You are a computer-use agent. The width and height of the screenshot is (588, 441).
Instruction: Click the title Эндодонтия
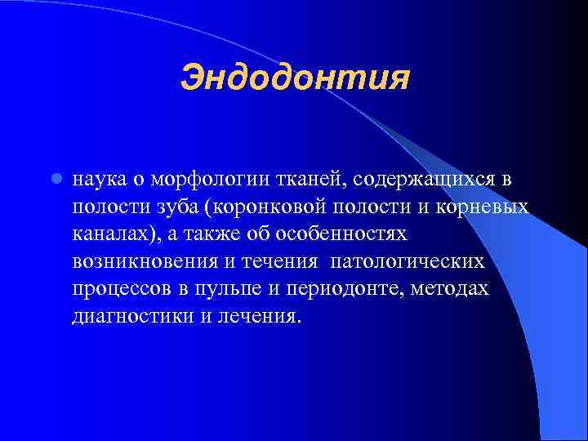(293, 79)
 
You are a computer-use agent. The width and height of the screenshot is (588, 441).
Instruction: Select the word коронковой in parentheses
(268, 207)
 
